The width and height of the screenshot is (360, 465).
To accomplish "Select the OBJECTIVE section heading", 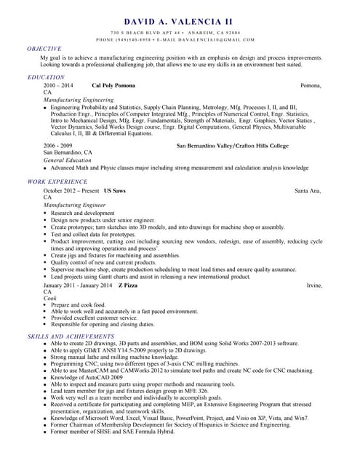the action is pyautogui.click(x=44, y=49).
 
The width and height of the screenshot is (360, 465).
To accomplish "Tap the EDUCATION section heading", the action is pyautogui.click(x=46, y=77).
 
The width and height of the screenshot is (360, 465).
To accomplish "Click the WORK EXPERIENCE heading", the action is pyautogui.click(x=57, y=181).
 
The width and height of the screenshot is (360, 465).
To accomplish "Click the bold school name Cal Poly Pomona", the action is pyautogui.click(x=113, y=86).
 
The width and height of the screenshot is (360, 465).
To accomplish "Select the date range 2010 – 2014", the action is pyautogui.click(x=58, y=86).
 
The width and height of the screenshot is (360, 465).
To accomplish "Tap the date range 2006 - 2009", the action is pyautogui.click(x=58, y=146).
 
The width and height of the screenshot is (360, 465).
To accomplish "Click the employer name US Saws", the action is pyautogui.click(x=115, y=190).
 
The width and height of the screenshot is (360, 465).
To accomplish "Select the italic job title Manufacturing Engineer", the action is pyautogui.click(x=74, y=206).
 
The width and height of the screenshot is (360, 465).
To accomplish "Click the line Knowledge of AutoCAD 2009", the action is pyautogui.click(x=87, y=377).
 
